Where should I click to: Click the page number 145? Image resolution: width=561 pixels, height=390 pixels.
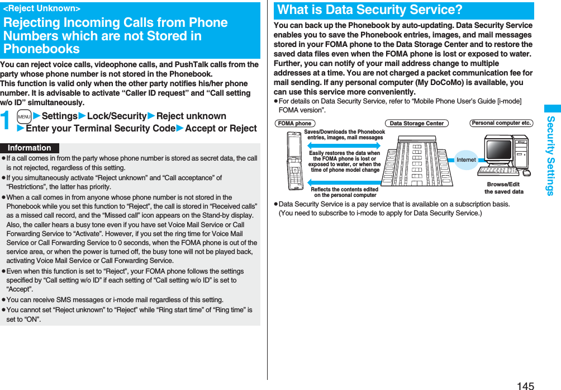click(x=525, y=385)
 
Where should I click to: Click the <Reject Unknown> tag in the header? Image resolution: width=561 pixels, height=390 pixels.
click(x=42, y=9)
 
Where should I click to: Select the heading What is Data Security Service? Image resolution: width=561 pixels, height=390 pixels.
click(x=370, y=10)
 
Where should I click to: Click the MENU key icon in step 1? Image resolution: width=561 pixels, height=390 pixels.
click(x=23, y=116)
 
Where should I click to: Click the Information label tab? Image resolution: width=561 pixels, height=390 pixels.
click(x=30, y=148)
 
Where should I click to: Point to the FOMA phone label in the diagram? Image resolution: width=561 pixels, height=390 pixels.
click(x=294, y=123)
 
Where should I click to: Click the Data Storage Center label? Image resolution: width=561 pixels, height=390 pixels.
click(x=416, y=123)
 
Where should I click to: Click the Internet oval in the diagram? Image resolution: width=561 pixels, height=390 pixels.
click(x=465, y=160)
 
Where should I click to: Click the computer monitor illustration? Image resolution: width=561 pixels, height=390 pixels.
click(x=499, y=149)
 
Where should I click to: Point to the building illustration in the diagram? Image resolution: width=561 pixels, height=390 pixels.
click(x=418, y=159)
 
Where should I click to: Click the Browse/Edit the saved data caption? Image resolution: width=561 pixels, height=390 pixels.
click(x=503, y=188)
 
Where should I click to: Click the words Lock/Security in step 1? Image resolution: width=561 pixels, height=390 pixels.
click(x=117, y=116)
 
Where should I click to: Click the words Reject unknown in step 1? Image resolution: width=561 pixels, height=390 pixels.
click(x=191, y=116)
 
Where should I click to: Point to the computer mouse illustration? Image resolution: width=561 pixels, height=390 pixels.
click(x=526, y=172)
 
